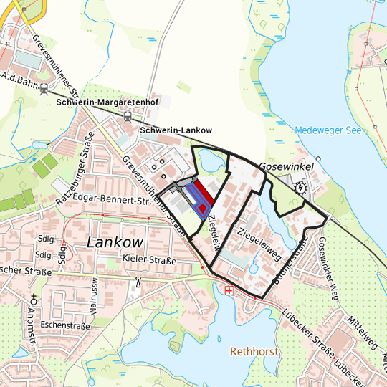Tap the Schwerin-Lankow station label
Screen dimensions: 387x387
pos(176,130)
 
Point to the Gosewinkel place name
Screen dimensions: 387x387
pos(290,164)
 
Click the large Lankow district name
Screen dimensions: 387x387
pos(115,242)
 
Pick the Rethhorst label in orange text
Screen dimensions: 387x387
pos(254,352)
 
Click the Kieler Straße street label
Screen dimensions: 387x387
pos(149,259)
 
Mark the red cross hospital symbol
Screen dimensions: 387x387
pos(229,291)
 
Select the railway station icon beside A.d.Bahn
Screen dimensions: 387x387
pos(44,90)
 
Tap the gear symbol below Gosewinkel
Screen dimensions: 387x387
pos(300,188)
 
